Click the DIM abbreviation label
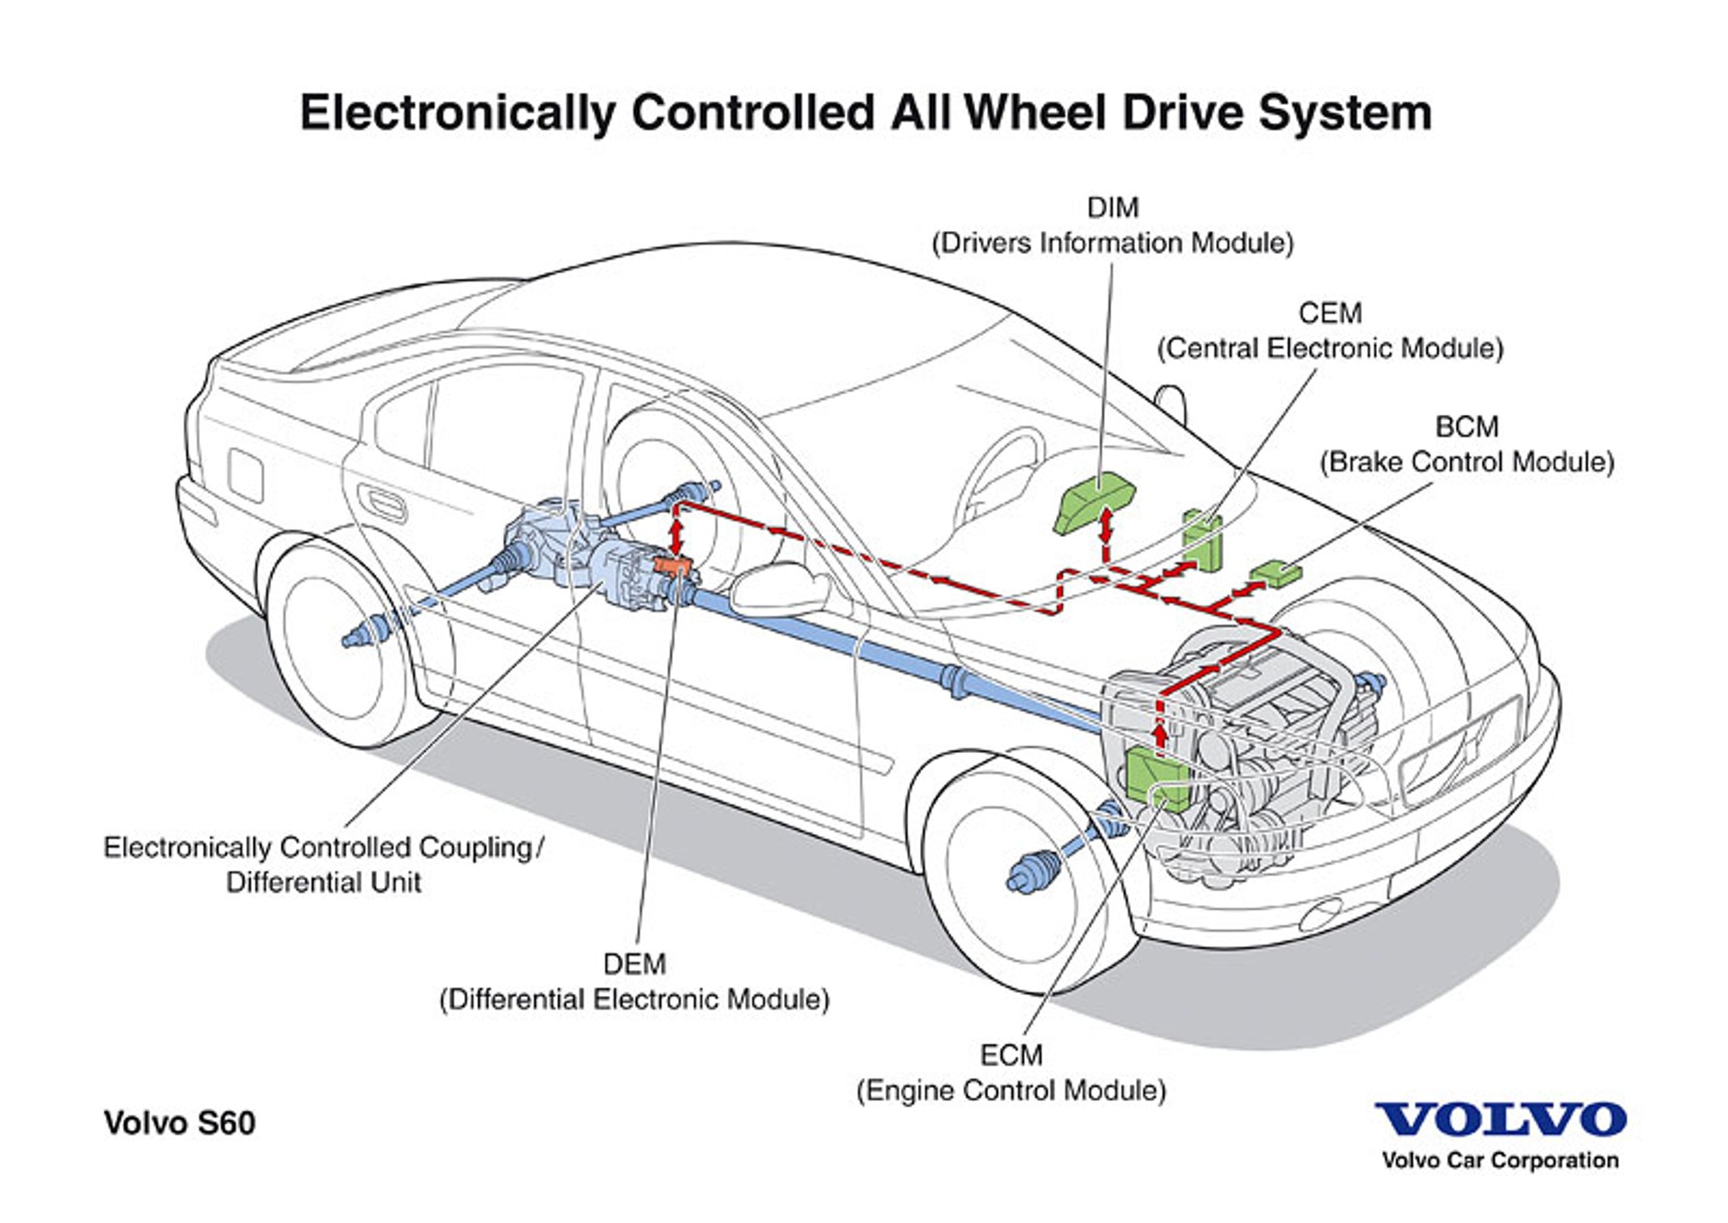point(1112,208)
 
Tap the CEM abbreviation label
point(1329,314)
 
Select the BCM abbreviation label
point(1466,427)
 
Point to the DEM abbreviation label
point(634,964)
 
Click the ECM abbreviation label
point(1010,1055)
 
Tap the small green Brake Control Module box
point(1278,572)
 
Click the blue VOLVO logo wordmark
point(1500,1119)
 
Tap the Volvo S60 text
point(179,1123)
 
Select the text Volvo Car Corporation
point(1500,1160)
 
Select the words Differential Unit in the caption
point(324,882)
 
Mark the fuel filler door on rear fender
point(245,474)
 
